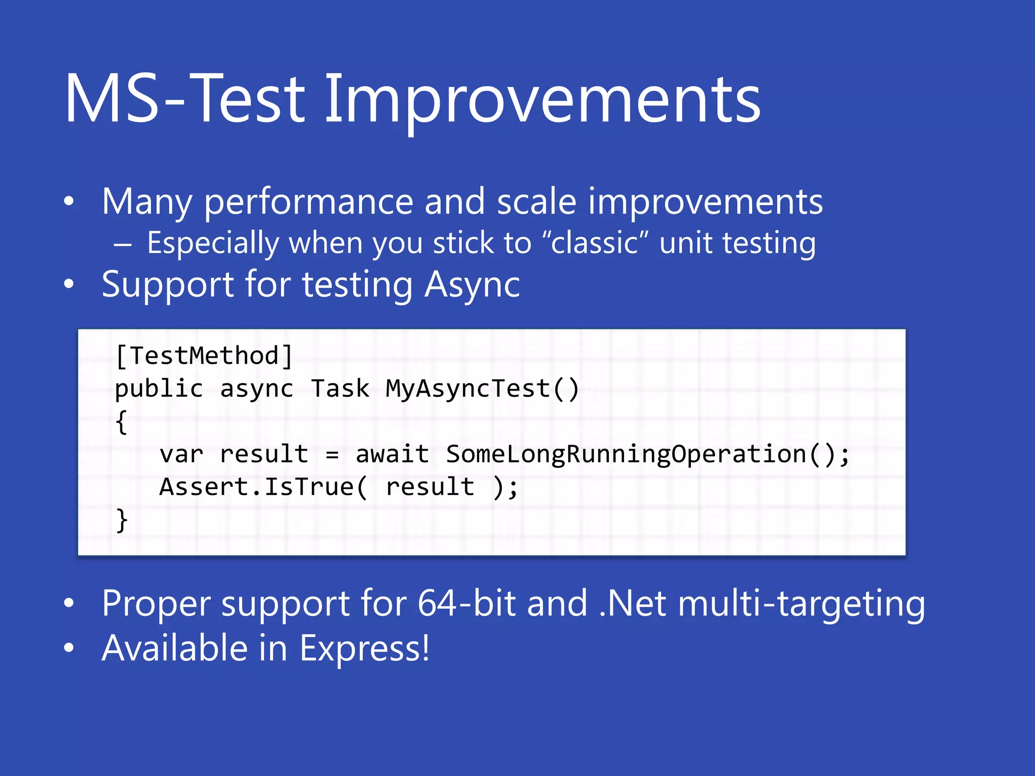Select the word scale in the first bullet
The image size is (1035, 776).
tap(536, 202)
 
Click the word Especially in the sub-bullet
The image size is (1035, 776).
tap(213, 244)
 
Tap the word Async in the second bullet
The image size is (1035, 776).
tap(472, 285)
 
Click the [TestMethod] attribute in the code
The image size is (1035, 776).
tap(204, 356)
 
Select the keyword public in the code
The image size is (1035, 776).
tap(159, 389)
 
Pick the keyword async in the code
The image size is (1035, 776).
tap(257, 389)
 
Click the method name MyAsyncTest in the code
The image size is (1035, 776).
tap(467, 389)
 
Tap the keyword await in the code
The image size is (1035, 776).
tap(392, 454)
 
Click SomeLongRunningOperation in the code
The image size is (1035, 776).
tap(626, 454)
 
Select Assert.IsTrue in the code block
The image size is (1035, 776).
tap(256, 487)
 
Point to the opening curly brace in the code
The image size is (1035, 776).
tap(121, 422)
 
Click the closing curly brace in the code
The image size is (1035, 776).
tap(121, 520)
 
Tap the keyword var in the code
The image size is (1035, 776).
tap(181, 454)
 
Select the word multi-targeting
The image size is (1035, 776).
tap(802, 604)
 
